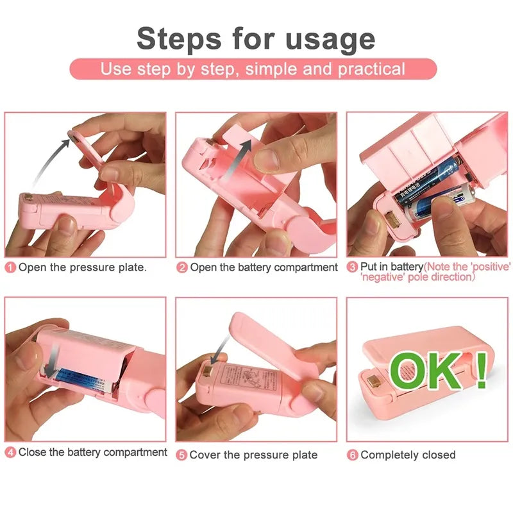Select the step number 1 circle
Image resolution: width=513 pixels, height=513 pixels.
coord(11,267)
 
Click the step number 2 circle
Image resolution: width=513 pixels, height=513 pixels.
coord(182,267)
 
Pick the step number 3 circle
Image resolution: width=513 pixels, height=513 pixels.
coord(352,267)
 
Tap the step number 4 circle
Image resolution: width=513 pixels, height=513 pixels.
coord(11,453)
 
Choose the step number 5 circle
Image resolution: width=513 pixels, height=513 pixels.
coord(182,455)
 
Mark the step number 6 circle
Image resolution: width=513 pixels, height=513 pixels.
coord(353,455)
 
